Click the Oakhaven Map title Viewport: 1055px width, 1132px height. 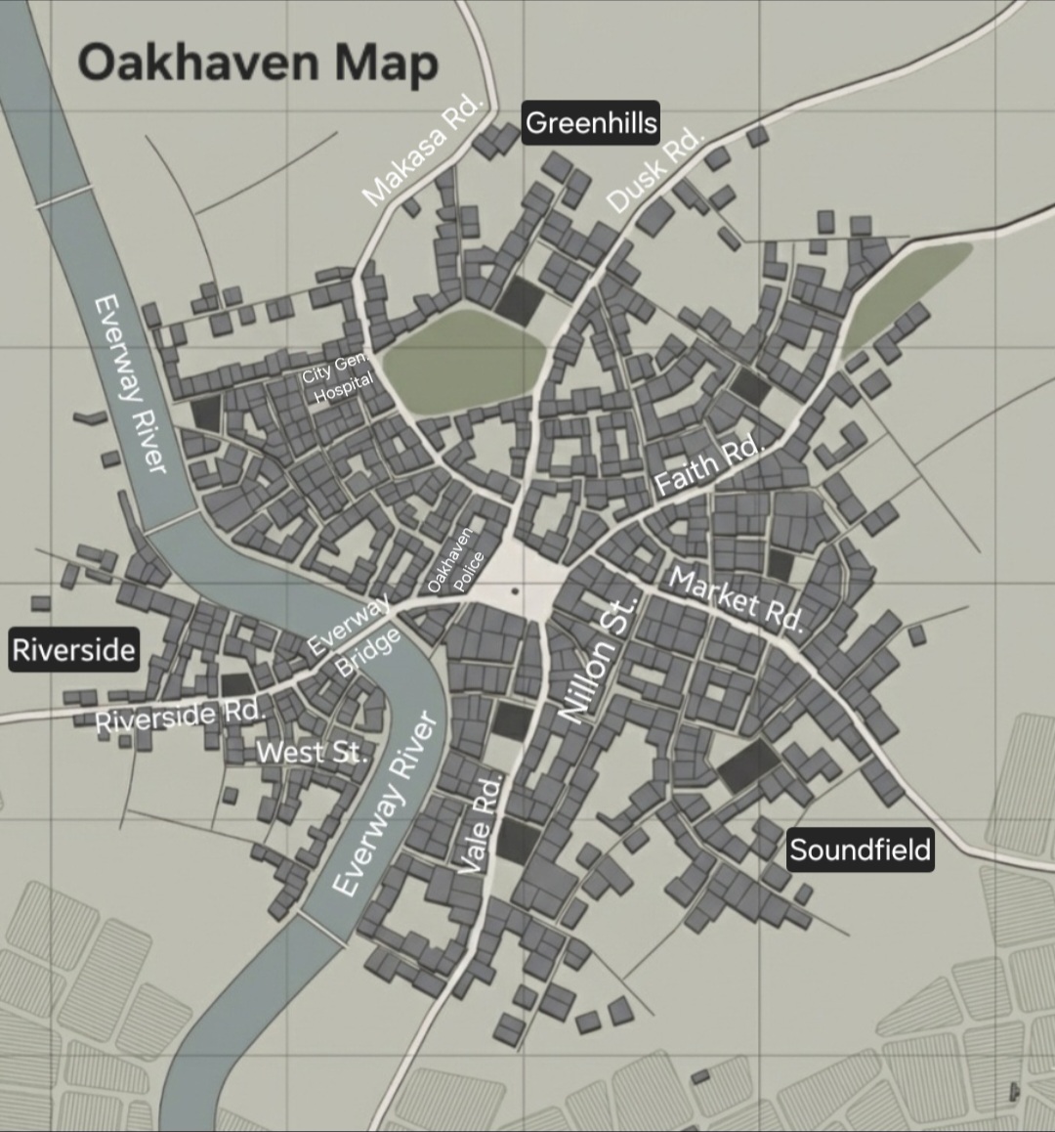(258, 63)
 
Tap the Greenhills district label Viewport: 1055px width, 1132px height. (591, 123)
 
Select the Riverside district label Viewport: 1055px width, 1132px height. (73, 649)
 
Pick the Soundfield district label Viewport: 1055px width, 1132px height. (860, 849)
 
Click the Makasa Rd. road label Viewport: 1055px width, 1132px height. (422, 151)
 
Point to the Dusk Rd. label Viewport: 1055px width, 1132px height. (654, 170)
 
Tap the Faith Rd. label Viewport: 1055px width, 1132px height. (707, 466)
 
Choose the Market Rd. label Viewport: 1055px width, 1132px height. (737, 600)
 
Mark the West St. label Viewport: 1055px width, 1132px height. (314, 752)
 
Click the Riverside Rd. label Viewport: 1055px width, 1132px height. (181, 715)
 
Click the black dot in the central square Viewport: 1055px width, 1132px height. (515, 590)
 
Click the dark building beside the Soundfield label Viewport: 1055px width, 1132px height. (749, 765)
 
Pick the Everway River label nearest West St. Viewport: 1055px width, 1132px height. (384, 804)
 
